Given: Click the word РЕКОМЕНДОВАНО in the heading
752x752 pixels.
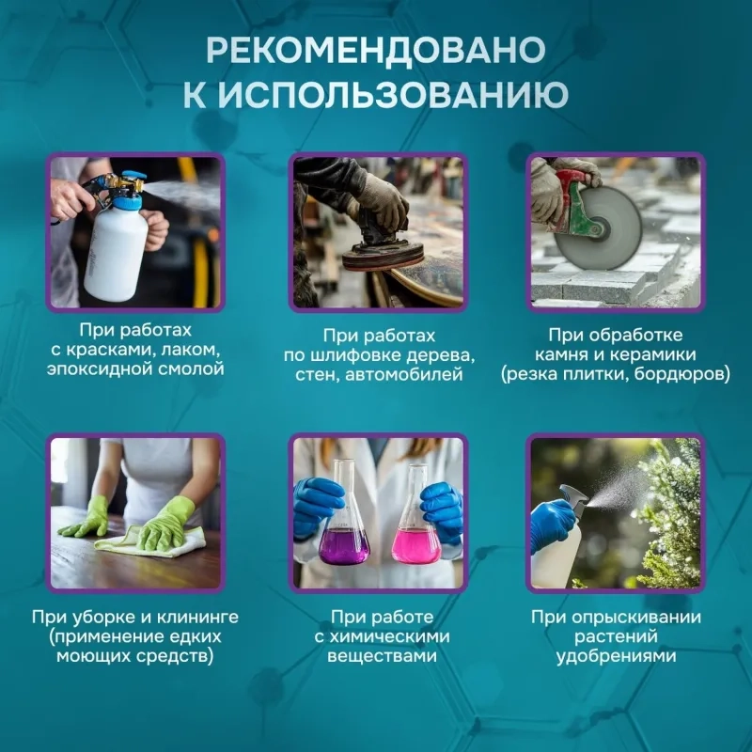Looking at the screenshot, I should [x=376, y=49].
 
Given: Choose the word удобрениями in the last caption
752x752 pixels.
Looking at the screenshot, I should [x=616, y=656].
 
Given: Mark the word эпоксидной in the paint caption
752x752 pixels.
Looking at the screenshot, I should [x=107, y=369].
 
